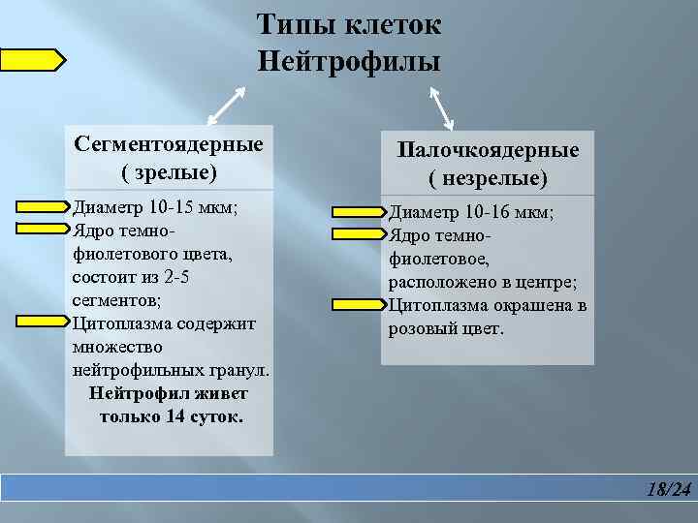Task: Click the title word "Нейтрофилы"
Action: click(349, 62)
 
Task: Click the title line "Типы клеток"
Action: click(349, 24)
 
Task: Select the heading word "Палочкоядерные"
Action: click(488, 150)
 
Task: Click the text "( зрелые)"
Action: click(169, 172)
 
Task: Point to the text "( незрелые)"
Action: click(488, 178)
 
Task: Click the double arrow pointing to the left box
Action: click(226, 105)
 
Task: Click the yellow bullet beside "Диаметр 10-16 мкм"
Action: click(359, 212)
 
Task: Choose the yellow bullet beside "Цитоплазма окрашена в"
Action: click(359, 305)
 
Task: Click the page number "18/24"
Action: click(669, 489)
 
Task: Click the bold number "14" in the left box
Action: click(176, 417)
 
